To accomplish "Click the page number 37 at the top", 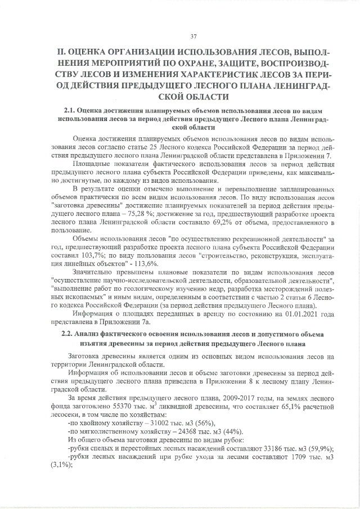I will (193, 37).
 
